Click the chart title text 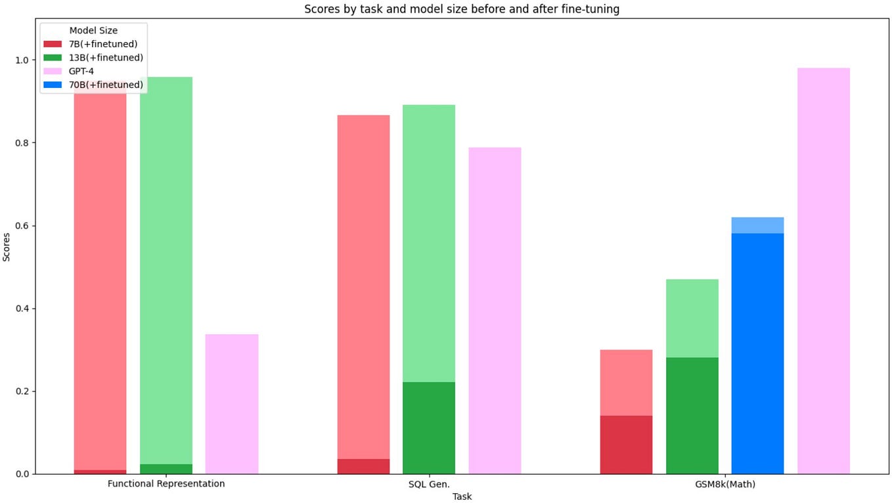pyautogui.click(x=461, y=9)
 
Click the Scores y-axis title pyautogui.click(x=7, y=247)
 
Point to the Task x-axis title pyautogui.click(x=462, y=496)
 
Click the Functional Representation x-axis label pyautogui.click(x=166, y=484)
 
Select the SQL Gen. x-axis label pyautogui.click(x=429, y=484)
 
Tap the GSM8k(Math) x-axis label pyautogui.click(x=725, y=484)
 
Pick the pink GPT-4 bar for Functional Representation pyautogui.click(x=232, y=404)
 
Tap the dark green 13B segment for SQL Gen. pyautogui.click(x=429, y=427)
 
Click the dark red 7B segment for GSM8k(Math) pyautogui.click(x=626, y=445)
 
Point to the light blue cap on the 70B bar pyautogui.click(x=757, y=225)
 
